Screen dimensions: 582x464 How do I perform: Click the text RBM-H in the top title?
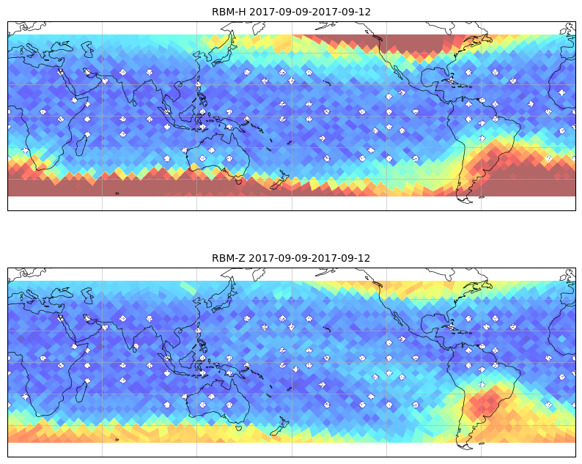coord(229,12)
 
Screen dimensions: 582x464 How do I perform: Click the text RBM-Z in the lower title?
coord(228,258)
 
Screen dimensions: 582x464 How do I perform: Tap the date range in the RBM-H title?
coord(309,12)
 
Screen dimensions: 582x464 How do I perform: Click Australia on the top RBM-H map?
coord(217,155)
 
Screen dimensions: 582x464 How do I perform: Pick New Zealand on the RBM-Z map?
coord(279,427)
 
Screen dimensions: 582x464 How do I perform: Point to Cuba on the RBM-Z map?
coord(454,328)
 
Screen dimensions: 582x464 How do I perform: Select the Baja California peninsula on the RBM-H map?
coord(397,70)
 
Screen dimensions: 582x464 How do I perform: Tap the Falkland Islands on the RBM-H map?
coord(482,197)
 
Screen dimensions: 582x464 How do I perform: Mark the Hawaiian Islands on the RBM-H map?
coord(327,82)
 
